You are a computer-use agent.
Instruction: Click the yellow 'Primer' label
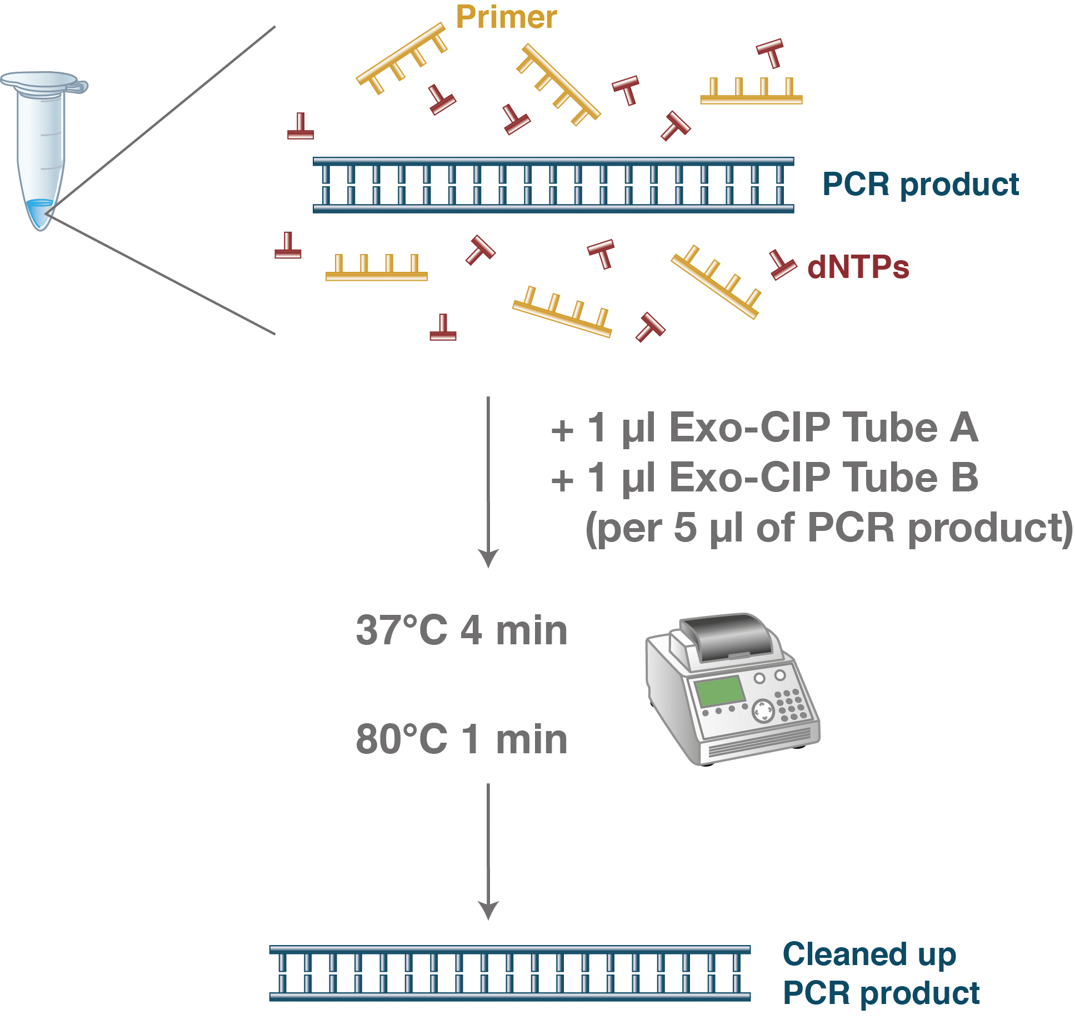(x=506, y=17)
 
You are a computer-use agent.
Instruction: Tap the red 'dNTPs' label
(x=858, y=267)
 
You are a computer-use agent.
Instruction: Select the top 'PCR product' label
(x=921, y=185)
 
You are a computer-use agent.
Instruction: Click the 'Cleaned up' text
(x=869, y=955)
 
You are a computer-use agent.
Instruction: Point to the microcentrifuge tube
(x=41, y=150)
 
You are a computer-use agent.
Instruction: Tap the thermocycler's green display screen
(x=720, y=692)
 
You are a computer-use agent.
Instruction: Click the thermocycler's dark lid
(x=728, y=637)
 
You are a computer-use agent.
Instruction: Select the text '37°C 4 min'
(x=462, y=631)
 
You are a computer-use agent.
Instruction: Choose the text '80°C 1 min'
(x=462, y=740)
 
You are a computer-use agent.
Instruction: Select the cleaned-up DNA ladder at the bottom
(x=510, y=973)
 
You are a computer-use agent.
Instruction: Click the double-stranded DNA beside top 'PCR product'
(x=553, y=185)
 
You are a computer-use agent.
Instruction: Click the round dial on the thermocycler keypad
(x=763, y=711)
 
